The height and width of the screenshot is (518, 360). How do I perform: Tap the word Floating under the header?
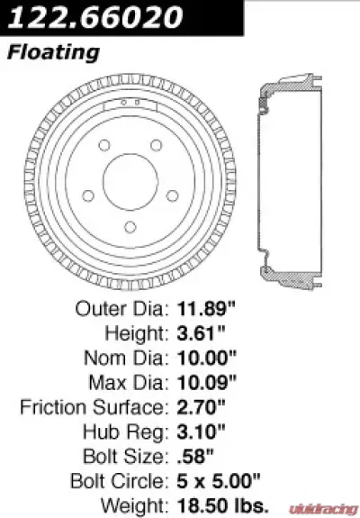[x=53, y=52]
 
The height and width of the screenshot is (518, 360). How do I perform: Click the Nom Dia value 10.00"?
[x=204, y=358]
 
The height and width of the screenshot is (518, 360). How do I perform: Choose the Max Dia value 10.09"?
[x=204, y=381]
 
